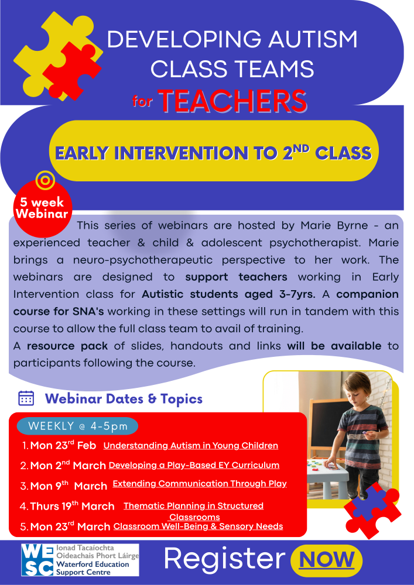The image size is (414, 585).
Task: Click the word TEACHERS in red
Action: (233, 101)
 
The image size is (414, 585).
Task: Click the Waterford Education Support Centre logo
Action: (80, 559)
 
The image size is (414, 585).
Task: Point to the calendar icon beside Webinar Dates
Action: (26, 398)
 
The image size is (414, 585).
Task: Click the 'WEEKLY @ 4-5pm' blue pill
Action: (78, 426)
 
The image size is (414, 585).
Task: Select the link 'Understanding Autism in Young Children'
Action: (190, 446)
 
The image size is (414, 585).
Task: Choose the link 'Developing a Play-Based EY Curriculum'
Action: (194, 466)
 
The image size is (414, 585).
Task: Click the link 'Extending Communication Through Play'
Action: (199, 484)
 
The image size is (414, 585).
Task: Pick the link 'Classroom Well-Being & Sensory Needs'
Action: (198, 526)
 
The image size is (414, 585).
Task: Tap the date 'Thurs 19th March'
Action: (72, 506)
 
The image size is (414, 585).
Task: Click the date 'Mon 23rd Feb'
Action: (63, 446)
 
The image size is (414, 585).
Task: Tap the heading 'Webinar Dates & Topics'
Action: (124, 399)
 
